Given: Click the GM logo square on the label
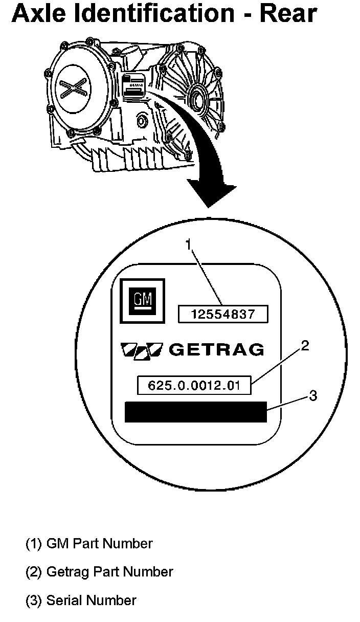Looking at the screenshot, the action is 142,301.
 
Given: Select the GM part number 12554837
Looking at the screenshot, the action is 222,314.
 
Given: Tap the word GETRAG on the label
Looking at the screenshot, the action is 216,349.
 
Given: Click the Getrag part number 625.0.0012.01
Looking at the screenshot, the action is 194,385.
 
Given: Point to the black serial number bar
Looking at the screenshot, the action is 196,412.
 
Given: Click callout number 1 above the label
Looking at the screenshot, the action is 188,245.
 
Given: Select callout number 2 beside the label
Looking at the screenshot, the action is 305,347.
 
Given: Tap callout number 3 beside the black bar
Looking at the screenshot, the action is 313,395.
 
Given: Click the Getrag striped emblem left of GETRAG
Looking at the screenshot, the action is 141,349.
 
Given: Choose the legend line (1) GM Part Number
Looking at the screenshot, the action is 89,543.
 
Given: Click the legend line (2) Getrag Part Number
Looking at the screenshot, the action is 99,571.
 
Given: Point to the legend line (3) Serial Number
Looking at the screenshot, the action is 81,600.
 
